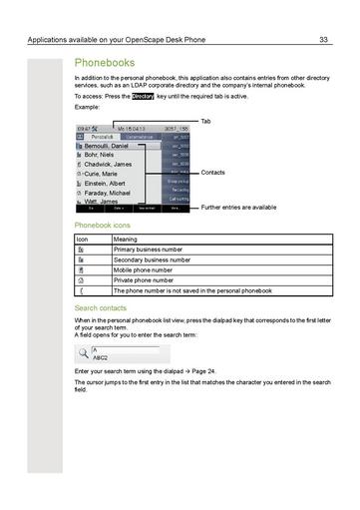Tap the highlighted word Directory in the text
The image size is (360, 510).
pos(143,97)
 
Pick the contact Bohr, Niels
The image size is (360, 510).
pos(103,155)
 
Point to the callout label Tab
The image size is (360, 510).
pos(205,121)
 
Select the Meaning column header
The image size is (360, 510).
pos(126,240)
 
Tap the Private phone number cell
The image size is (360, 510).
pos(144,280)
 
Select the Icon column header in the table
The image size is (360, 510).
pos(83,240)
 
